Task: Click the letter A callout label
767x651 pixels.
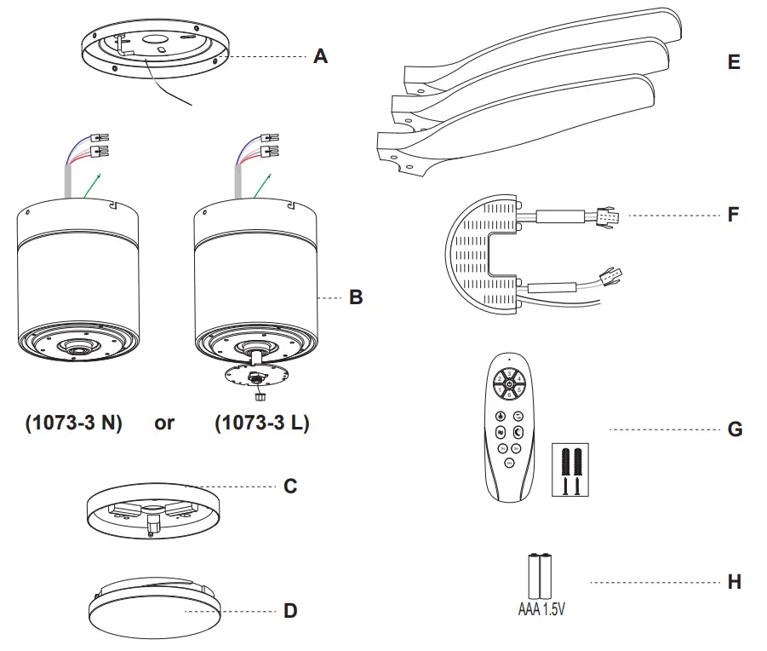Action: tap(320, 57)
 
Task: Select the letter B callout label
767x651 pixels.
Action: tap(356, 297)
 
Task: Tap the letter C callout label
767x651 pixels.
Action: tap(290, 486)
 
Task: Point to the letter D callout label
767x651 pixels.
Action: tap(290, 611)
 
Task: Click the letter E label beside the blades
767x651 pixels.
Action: tap(734, 62)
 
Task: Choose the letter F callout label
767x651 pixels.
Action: tap(734, 214)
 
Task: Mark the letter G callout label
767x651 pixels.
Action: tap(734, 429)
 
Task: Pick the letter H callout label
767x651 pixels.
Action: tap(734, 583)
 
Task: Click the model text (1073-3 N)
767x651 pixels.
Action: tap(73, 423)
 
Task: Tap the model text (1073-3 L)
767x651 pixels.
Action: tap(261, 423)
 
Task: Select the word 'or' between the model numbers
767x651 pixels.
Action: tap(164, 423)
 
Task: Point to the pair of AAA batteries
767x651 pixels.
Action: tap(542, 577)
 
